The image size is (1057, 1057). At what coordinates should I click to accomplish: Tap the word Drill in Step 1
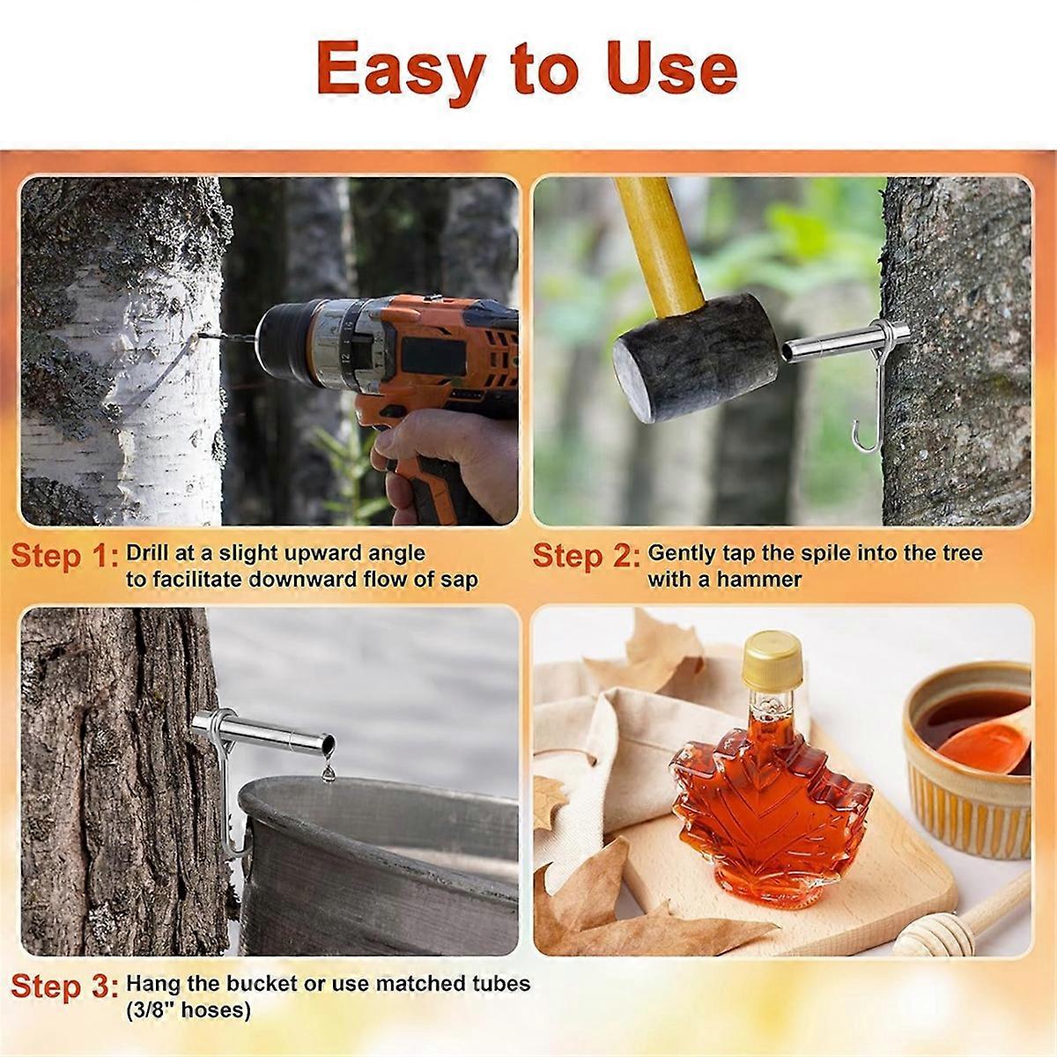pos(150,553)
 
